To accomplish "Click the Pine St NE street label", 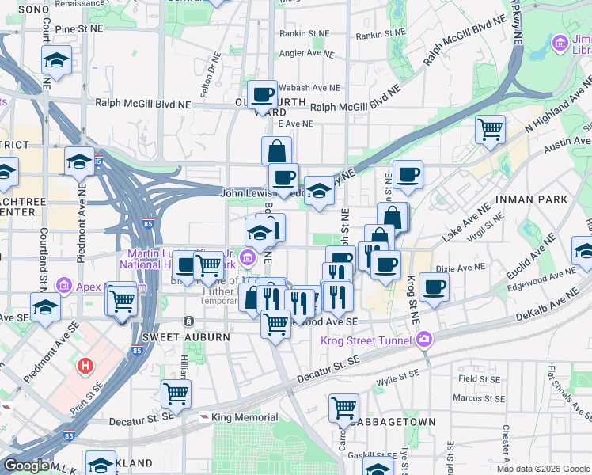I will coord(79,28).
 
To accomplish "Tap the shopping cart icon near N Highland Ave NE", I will coord(490,127).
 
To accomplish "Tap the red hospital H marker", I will coord(85,367).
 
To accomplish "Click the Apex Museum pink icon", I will coord(64,286).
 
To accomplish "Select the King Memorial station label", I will coord(245,417).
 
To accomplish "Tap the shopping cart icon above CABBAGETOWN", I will coord(343,407).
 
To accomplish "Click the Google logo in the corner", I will coord(26,465).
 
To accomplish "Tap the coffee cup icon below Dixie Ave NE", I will coord(433,287).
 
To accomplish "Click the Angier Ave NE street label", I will coord(309,54).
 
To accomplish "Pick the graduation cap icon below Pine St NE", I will coord(56,59).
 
